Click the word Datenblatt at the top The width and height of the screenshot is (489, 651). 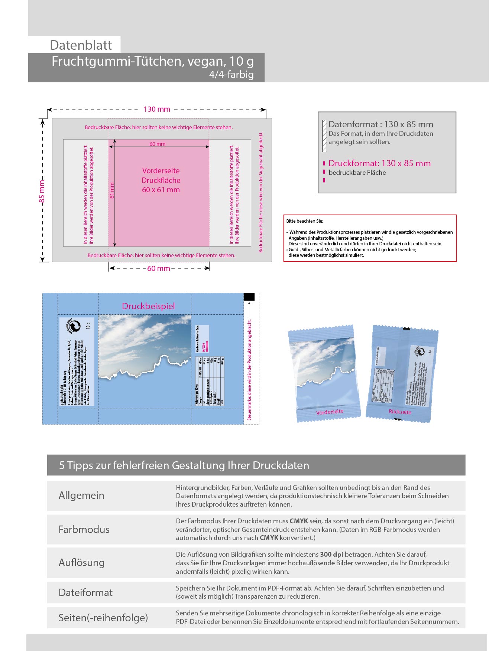point(81,45)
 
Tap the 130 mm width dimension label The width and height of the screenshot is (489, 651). point(157,109)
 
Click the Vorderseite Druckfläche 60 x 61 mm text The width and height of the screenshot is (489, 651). point(161,180)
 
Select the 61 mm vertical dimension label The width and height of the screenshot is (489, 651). point(112,190)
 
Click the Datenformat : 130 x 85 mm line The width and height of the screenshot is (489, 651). point(380,124)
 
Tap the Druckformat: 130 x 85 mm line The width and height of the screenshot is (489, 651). point(379,163)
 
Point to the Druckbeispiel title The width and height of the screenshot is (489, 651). point(148,306)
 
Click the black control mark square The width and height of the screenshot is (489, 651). point(249,297)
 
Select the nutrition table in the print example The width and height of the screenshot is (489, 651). point(210,381)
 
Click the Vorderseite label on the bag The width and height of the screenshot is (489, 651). point(330,412)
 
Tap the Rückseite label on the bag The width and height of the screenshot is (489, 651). point(400,412)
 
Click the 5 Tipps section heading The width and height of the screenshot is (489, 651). point(184,465)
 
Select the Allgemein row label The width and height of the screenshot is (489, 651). point(81,495)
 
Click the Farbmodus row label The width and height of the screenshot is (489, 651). point(84,529)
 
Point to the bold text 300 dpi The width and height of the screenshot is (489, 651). point(331,555)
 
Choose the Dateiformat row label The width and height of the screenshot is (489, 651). point(85,592)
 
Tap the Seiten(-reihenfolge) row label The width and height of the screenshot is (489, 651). point(103,618)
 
